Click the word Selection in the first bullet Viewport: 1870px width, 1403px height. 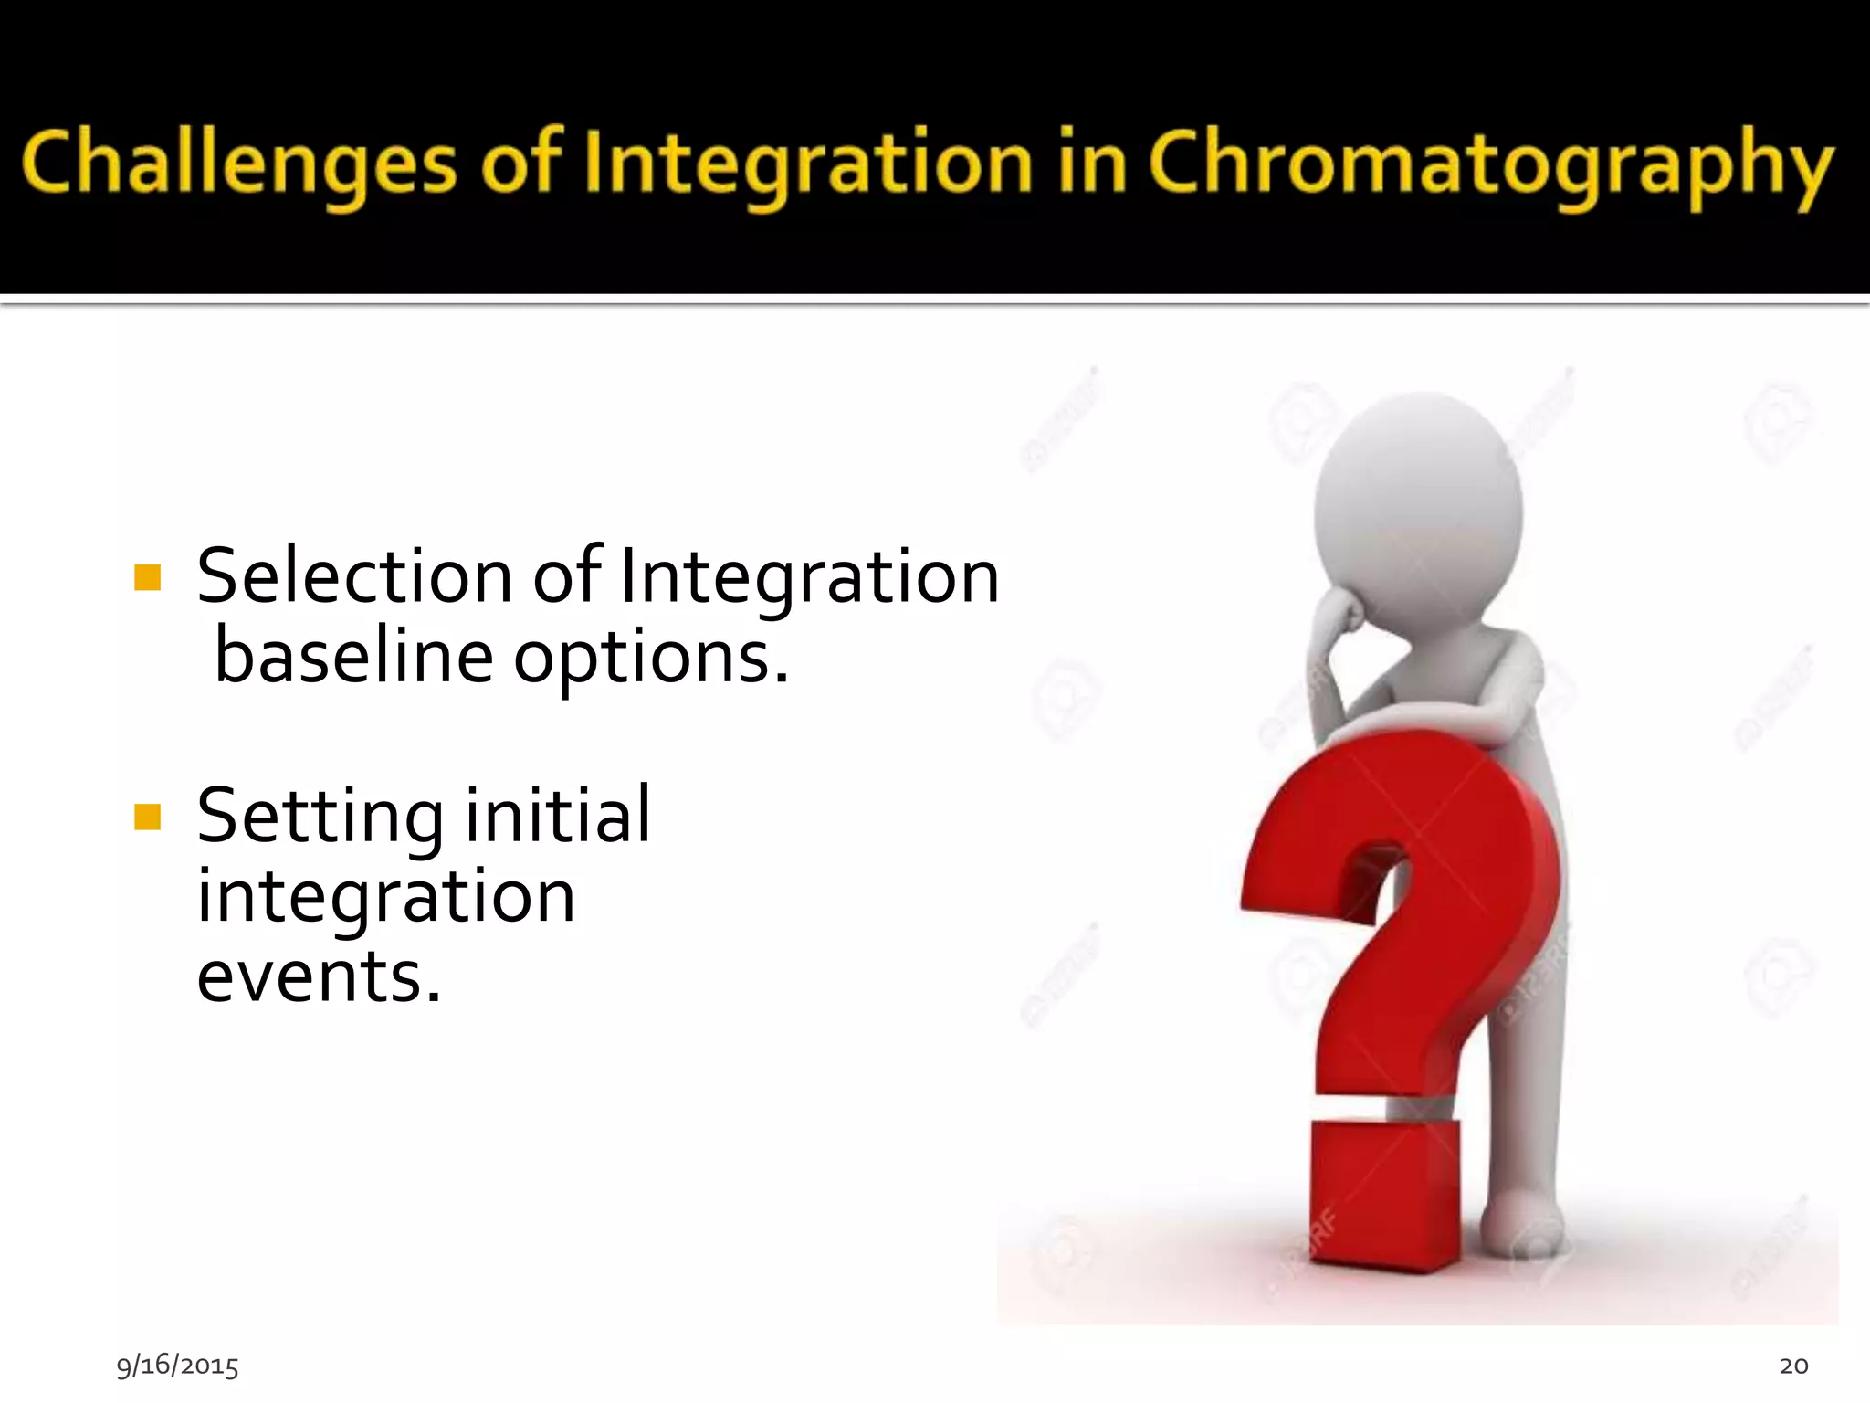354,577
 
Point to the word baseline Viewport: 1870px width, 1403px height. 354,658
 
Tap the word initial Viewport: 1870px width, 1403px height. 558,815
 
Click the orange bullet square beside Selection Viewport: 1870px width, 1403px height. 147,578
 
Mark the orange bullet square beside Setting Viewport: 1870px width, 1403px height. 147,817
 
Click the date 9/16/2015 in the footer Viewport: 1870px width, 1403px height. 177,1366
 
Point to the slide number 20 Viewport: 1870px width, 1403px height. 1793,1366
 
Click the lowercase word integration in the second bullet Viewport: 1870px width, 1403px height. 385,898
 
